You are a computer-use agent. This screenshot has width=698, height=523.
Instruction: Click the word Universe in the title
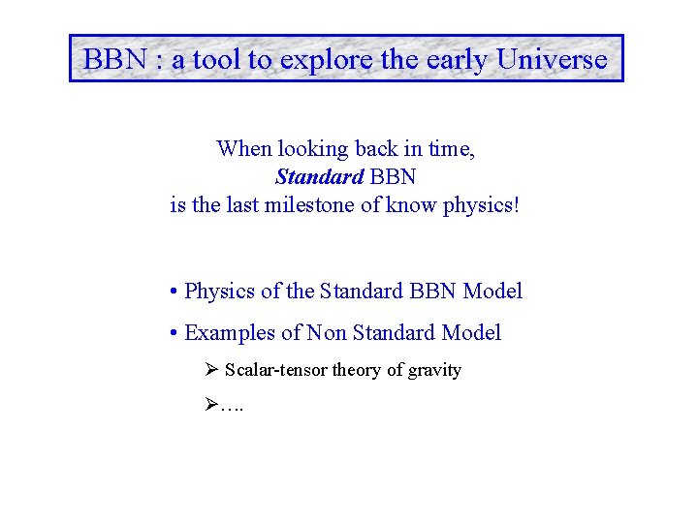coord(552,59)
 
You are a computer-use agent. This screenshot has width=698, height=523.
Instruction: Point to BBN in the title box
coord(114,59)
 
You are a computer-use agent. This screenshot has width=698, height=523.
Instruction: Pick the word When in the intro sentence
coord(244,149)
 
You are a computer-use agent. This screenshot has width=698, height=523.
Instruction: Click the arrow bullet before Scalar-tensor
coord(213,370)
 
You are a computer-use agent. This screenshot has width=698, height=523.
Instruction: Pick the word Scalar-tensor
coord(276,370)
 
